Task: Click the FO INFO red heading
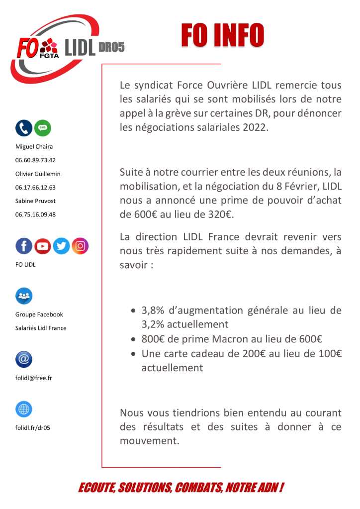coord(222,35)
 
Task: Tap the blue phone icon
coord(24,128)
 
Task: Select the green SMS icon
coord(43,128)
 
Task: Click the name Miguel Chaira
coord(34,147)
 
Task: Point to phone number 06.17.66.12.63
coord(35,188)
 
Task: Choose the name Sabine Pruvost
coord(36,201)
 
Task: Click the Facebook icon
coord(24,246)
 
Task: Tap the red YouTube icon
coord(43,246)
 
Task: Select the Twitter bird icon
coord(61,246)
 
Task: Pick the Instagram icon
coord(80,246)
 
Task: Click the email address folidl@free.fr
coord(34,378)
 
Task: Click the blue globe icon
coord(24,409)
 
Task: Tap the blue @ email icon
coord(24,359)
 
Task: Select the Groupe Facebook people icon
coord(24,296)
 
